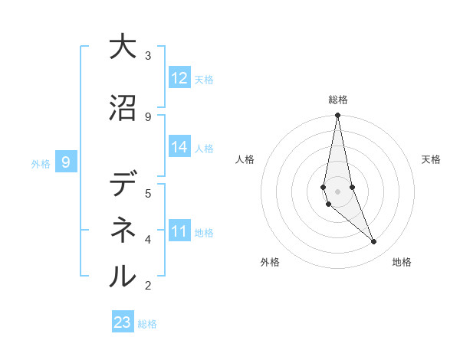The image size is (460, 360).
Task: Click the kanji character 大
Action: point(123,47)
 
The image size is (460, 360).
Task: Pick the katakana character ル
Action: point(123,275)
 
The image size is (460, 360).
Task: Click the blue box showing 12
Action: point(179,78)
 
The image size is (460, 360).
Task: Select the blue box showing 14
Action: point(179,147)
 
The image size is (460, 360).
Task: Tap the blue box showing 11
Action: point(179,231)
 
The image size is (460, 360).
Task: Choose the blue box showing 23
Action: point(123,322)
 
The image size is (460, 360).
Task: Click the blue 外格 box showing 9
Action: point(66,162)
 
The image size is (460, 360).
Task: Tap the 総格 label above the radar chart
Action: point(338,100)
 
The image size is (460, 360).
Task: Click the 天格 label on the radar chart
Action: point(432,159)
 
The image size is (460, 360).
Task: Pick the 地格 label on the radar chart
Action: point(402,262)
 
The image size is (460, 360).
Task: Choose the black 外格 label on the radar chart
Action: point(270,262)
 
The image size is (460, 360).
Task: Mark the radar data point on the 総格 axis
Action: point(338,116)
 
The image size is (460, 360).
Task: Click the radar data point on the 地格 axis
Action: point(374,242)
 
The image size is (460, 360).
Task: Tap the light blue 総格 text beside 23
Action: point(147,323)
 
